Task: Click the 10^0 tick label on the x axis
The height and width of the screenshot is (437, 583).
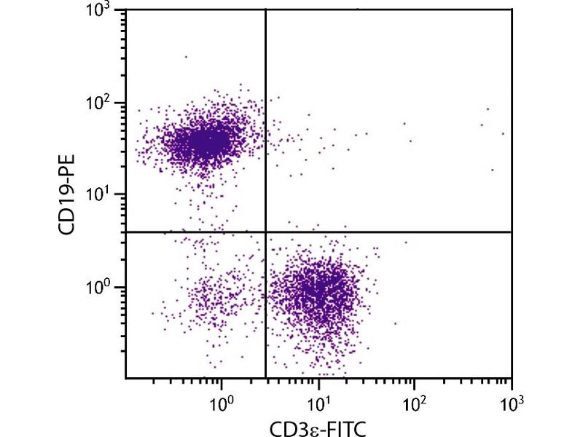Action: click(x=222, y=401)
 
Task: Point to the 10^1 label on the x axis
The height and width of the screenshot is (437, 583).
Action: click(x=318, y=401)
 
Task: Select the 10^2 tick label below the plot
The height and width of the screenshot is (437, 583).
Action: click(x=415, y=401)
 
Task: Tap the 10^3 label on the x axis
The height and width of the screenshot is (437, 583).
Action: click(x=512, y=401)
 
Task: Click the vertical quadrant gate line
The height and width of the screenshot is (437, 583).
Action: click(x=265, y=146)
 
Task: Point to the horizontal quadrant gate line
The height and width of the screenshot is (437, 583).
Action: click(x=401, y=232)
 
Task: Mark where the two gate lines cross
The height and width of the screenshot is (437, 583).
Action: click(x=265, y=232)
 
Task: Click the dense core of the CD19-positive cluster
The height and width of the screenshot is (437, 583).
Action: click(x=204, y=141)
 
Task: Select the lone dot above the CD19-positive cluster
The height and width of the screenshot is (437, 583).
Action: click(x=186, y=56)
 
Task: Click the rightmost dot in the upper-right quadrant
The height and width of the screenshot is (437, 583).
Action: click(x=503, y=134)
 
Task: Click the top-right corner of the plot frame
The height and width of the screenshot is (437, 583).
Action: click(x=512, y=9)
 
